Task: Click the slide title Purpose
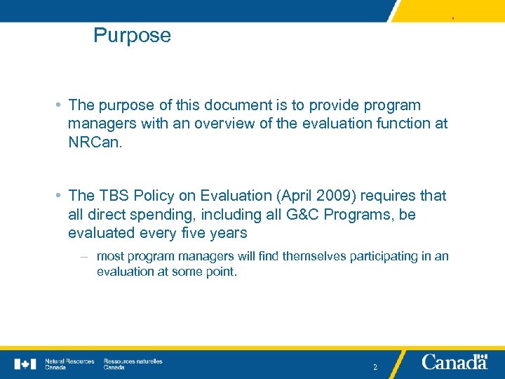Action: tap(132, 36)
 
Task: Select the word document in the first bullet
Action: tap(241, 105)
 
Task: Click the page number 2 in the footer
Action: tap(375, 366)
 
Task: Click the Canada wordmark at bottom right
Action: tap(454, 362)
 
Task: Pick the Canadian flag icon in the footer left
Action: tap(25, 364)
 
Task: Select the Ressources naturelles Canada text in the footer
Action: tap(133, 364)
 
